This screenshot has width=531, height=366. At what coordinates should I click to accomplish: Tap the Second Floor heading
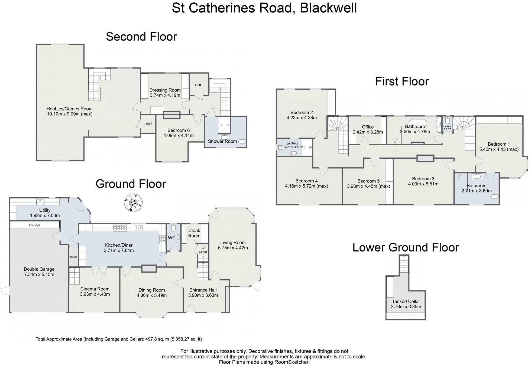pos(141,37)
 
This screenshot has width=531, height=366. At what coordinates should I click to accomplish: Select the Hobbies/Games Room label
pos(69,109)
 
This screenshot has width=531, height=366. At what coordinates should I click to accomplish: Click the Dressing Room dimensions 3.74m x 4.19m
pos(165,95)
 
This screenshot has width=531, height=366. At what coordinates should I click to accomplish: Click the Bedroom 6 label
pos(178,130)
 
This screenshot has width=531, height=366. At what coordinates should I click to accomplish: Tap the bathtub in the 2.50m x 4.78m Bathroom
pos(417,122)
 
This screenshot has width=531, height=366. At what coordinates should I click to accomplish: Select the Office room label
pos(368,127)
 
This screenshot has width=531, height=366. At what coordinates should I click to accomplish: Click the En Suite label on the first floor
pos(292,143)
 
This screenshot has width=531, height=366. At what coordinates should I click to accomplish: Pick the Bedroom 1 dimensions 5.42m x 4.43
pos(499,149)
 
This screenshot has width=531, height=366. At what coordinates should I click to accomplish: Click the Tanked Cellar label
pos(406,301)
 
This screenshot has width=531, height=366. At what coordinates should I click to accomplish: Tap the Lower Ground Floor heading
pos(406,247)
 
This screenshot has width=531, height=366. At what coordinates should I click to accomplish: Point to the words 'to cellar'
pos(203,249)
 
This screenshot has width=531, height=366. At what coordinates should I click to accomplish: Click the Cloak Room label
pos(194,233)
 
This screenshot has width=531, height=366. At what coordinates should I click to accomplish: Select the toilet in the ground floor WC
pos(174,228)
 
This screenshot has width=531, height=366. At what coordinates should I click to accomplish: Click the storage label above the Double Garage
pos(34,225)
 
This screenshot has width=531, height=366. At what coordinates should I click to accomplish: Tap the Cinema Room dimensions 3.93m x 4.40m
pos(95,294)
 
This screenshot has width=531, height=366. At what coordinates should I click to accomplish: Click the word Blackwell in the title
pos(328,8)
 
